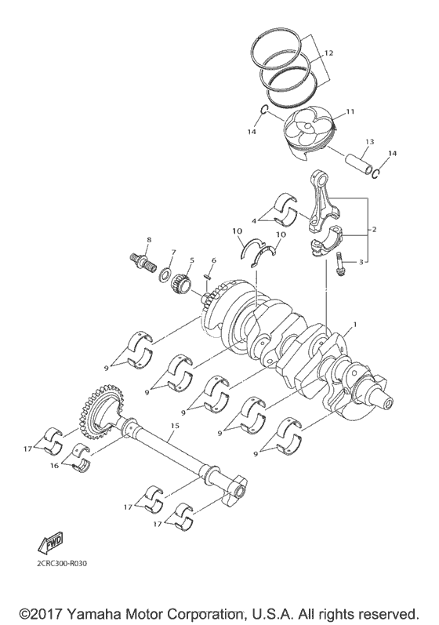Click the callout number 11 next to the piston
pos(350,111)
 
